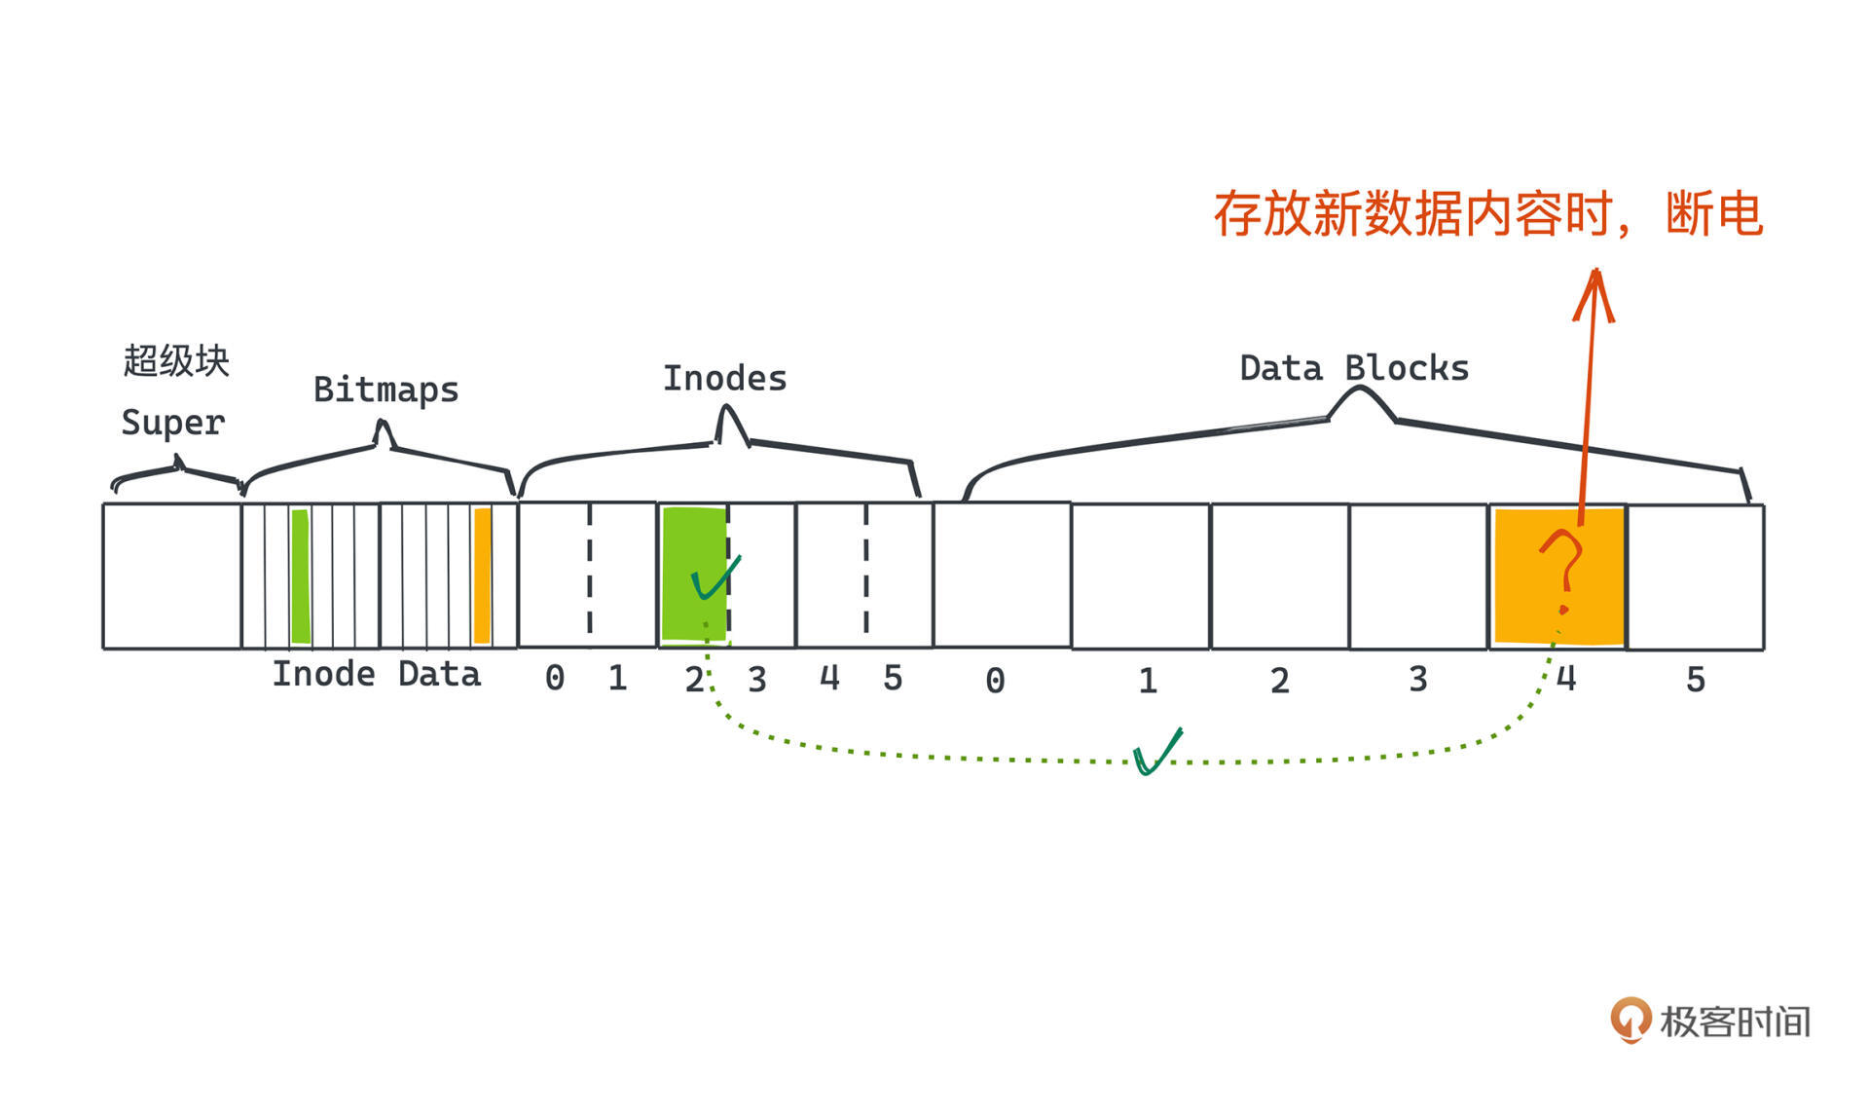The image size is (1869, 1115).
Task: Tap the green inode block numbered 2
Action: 693,575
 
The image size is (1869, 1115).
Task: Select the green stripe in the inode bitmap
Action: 301,576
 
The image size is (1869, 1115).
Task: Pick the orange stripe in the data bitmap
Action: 482,576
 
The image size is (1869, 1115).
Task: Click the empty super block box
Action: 172,576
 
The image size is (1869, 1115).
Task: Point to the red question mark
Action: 1562,571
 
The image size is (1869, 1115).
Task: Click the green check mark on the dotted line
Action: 1156,752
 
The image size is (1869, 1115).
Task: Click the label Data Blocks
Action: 1354,368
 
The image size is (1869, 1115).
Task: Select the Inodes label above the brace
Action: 724,379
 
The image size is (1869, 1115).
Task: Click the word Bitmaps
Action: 385,390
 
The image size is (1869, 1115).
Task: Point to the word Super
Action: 173,423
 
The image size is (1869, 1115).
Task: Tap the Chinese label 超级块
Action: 176,360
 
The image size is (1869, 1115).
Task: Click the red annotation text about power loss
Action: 1487,214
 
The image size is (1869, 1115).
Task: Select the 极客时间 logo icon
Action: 1631,1020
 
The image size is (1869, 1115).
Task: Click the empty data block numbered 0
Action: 1003,575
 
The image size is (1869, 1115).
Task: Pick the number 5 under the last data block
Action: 1696,680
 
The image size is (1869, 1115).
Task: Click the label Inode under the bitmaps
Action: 323,674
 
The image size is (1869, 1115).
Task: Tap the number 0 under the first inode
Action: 555,678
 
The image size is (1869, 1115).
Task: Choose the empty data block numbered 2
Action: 1280,576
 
